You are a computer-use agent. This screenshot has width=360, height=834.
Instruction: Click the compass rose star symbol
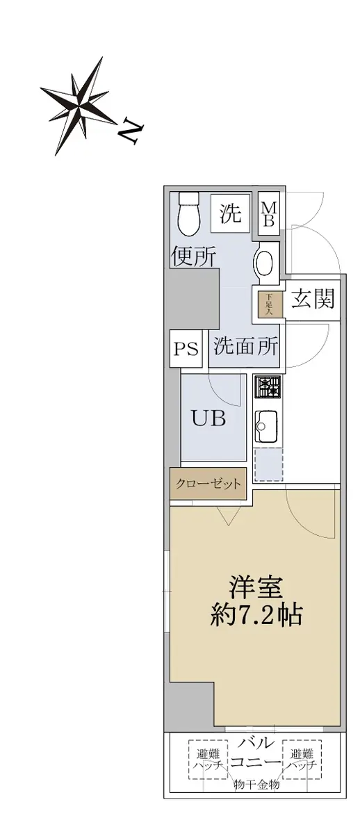79,106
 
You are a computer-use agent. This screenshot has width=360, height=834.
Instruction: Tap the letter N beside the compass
130,131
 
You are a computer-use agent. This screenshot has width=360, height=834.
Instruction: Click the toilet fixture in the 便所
189,213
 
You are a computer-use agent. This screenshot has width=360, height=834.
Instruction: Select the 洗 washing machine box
230,213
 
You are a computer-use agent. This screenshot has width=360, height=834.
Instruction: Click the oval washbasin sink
265,261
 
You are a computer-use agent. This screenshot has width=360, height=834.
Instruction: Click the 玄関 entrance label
313,298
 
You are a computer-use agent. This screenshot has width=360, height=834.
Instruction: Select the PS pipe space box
186,349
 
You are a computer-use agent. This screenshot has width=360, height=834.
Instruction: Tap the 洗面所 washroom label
246,346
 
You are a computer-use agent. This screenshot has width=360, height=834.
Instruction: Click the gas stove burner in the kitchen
268,387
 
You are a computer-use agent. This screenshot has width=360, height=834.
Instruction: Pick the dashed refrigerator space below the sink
268,464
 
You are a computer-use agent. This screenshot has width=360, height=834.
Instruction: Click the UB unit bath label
208,418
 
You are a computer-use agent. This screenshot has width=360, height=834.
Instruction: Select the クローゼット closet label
208,483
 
